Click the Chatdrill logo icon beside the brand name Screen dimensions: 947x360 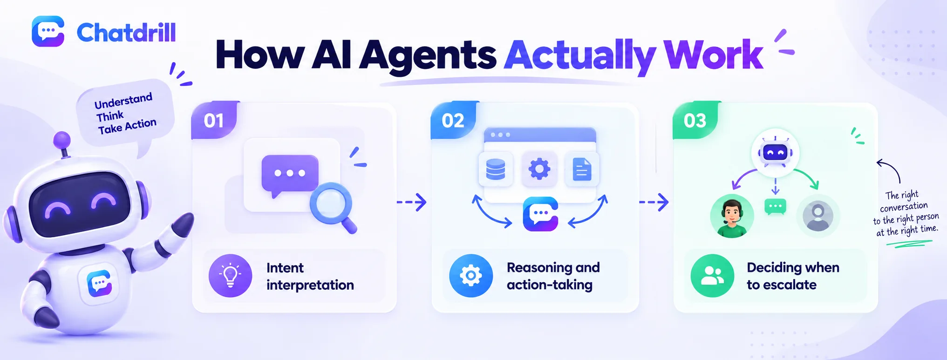[48, 31]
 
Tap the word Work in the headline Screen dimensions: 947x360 [713, 54]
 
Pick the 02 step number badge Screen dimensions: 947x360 [453, 120]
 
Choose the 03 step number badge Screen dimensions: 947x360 [695, 120]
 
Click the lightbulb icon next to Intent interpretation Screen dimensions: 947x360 [230, 276]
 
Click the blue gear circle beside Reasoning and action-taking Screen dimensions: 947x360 [471, 276]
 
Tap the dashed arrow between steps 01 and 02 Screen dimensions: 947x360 [412, 202]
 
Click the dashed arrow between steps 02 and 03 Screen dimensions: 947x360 [654, 202]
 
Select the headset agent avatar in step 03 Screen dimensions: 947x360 [732, 216]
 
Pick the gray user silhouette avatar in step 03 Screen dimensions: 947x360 [818, 216]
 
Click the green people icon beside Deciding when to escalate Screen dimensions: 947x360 [712, 276]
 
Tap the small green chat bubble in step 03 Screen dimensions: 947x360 [776, 207]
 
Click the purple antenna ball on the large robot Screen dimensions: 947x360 [62, 140]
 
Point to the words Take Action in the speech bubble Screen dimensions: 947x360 [127, 126]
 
